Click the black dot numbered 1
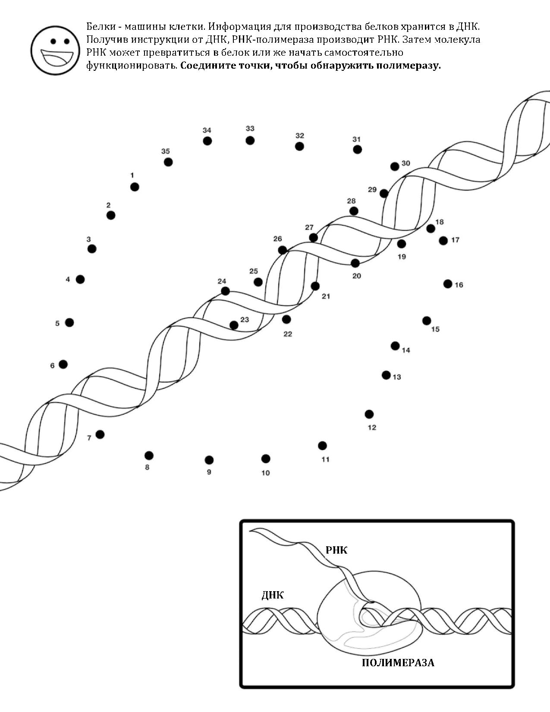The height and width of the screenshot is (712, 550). click(135, 187)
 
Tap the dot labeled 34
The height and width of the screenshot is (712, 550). click(207, 141)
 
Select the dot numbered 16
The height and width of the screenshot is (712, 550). click(448, 284)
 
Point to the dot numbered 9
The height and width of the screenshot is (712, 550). click(209, 460)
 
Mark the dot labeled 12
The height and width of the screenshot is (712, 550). click(369, 414)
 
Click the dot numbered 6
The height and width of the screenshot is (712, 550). click(63, 364)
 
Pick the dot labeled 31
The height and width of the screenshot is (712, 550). click(357, 149)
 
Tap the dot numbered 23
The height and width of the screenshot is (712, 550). click(234, 325)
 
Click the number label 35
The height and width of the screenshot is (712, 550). click(165, 151)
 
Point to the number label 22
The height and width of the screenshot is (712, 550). click(288, 334)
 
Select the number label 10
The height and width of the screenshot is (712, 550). click(266, 473)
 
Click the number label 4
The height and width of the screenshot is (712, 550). click(68, 280)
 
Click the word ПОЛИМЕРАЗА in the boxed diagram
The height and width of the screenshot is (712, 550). click(398, 663)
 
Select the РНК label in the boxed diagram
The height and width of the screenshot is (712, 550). click(336, 550)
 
